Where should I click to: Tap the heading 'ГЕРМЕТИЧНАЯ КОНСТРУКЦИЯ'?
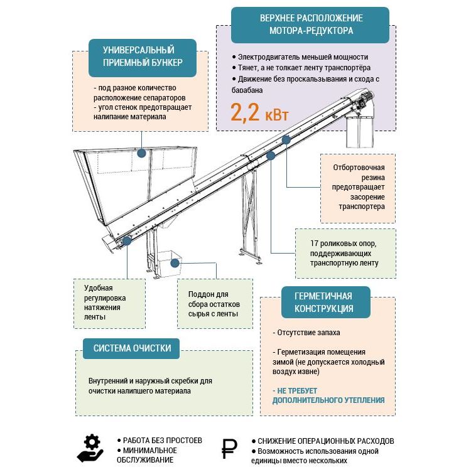324,302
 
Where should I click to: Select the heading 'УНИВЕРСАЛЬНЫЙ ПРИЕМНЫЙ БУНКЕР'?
139,56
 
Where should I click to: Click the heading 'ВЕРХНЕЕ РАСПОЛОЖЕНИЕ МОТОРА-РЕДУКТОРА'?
310,24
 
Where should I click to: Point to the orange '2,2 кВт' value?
259,113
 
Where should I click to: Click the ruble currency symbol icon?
230,448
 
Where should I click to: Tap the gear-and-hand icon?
90,448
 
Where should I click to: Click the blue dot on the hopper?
142,153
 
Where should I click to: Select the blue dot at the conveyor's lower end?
127,240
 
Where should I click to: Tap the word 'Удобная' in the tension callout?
99,287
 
